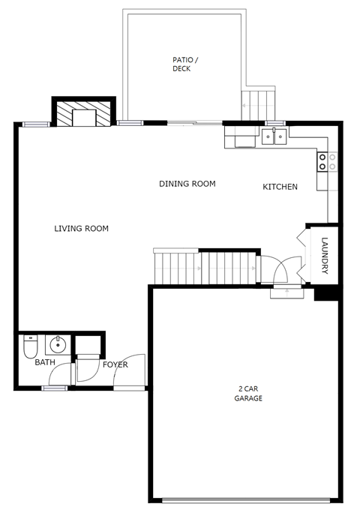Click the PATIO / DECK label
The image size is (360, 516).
[181, 64]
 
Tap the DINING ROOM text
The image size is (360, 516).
[187, 184]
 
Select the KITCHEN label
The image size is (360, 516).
[280, 187]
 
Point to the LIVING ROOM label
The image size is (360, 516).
[82, 229]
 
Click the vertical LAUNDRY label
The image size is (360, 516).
[325, 256]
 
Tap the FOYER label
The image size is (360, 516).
[115, 365]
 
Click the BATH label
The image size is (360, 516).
[45, 363]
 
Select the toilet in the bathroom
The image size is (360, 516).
[30, 347]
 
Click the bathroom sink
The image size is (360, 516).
[58, 346]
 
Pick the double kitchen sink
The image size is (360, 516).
[274, 136]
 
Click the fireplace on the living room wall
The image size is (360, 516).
[82, 115]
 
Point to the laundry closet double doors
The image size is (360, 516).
[302, 255]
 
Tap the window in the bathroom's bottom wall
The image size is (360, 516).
[55, 388]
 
